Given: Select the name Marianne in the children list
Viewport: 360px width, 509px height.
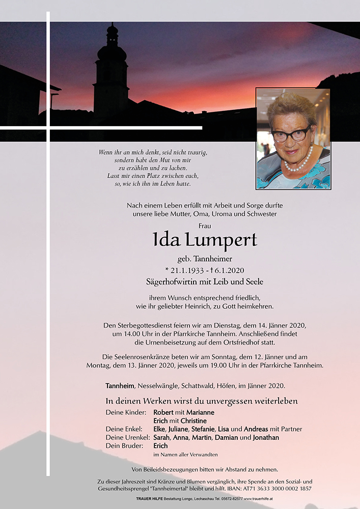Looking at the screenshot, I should click(x=200, y=412).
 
